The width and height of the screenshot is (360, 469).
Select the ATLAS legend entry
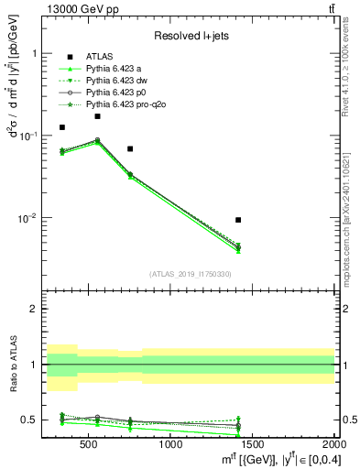click(98, 57)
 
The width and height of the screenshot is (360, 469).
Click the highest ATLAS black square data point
click(97, 116)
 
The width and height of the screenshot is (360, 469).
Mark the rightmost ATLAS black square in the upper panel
click(238, 220)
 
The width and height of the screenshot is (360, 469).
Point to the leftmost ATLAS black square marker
click(62, 127)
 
